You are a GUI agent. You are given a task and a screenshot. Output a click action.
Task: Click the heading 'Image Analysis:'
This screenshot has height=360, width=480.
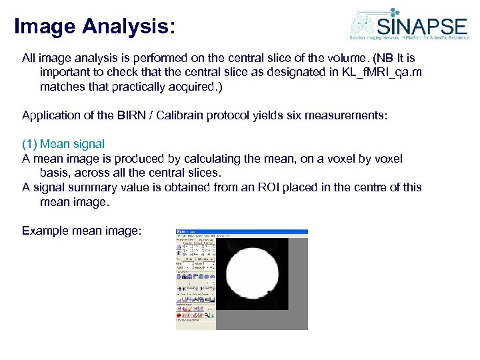tap(95, 27)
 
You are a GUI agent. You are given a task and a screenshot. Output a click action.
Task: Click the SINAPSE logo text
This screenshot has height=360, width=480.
tap(422, 27)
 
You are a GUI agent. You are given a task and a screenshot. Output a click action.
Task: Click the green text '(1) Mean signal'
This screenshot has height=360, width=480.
tap(63, 144)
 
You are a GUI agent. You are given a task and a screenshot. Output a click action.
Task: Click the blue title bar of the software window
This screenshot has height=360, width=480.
tap(241, 231)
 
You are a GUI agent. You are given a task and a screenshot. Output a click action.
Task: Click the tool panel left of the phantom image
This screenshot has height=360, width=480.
tap(195, 280)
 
